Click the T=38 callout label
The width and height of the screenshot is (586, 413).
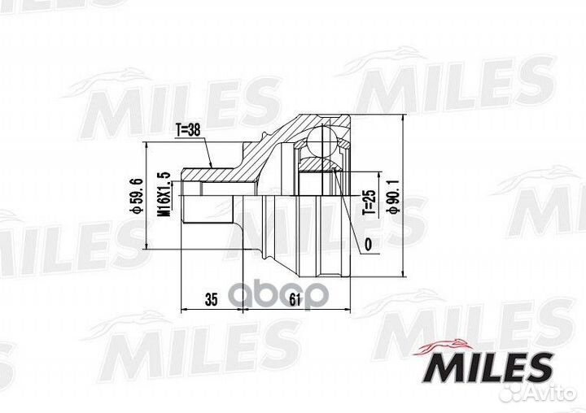point(188,130)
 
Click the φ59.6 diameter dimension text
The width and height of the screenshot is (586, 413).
point(137,196)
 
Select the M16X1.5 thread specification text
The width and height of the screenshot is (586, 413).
point(164,194)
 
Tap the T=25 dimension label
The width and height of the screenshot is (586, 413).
point(369,202)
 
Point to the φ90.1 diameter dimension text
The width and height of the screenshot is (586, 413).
point(395,196)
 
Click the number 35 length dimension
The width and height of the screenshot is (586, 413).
point(211,299)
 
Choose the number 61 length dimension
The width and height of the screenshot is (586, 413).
point(295,299)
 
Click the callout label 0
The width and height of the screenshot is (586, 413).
point(369,245)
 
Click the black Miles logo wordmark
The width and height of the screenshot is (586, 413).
point(488,367)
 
